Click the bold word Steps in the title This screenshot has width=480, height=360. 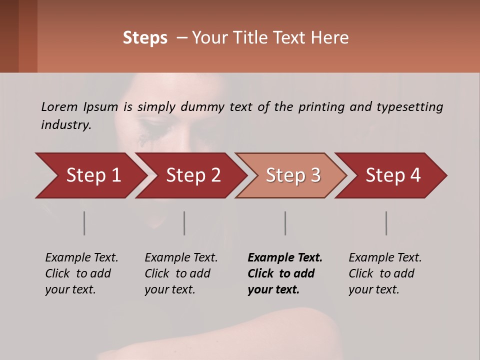coord(145,38)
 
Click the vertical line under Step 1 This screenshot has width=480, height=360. coord(84,223)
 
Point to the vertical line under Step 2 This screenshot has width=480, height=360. coord(184,223)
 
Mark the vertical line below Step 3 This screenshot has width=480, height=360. coord(285,223)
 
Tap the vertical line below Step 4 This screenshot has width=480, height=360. coord(386,223)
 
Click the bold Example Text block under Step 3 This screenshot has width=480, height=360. coord(285,273)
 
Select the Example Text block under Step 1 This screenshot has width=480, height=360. coord(81,273)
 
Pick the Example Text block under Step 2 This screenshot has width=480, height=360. coord(181,273)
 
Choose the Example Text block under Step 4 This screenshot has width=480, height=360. coord(385,273)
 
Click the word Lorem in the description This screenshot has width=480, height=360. coord(59,106)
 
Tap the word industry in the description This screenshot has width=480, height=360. coord(66,125)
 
